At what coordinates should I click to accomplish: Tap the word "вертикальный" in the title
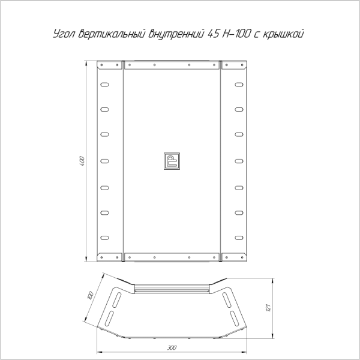click(112, 34)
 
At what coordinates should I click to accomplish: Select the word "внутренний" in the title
click(176, 34)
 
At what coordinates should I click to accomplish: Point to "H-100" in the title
click(236, 34)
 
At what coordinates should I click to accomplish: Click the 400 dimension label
click(82, 161)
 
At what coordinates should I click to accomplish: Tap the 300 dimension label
click(172, 348)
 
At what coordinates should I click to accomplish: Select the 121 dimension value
click(268, 307)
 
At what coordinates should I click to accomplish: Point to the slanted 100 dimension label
click(91, 295)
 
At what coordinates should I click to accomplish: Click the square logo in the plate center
click(172, 161)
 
